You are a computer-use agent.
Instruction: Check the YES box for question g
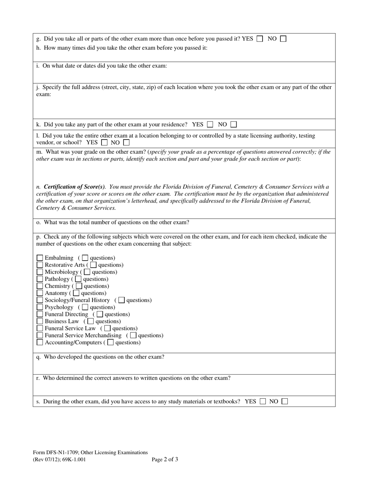(259, 39)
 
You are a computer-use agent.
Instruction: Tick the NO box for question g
(283, 39)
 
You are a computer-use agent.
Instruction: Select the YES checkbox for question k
(210, 125)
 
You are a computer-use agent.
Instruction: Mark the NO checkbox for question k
(233, 125)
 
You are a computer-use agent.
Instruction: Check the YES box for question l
(104, 142)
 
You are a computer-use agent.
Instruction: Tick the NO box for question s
(285, 401)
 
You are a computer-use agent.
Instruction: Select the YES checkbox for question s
(263, 401)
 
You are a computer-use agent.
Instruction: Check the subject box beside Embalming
(40, 258)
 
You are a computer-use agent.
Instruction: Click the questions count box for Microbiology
(87, 272)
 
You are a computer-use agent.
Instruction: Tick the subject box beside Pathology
(40, 279)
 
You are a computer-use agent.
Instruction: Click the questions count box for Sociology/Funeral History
(122, 300)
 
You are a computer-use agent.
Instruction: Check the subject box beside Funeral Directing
(40, 314)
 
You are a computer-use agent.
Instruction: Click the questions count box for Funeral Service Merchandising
(133, 335)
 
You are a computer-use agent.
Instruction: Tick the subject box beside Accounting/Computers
(40, 342)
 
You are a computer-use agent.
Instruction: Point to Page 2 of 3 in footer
(165, 459)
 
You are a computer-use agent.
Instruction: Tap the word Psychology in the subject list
(59, 307)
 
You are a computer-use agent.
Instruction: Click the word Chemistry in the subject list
(57, 286)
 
